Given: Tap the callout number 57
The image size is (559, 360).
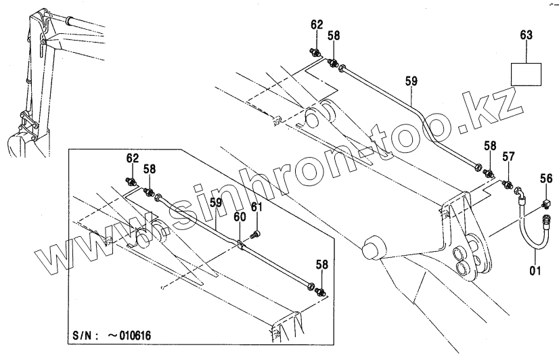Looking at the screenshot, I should tap(508, 157).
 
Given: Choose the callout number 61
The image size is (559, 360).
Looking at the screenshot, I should tap(256, 206).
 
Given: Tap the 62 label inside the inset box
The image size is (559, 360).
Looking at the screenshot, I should tap(132, 158).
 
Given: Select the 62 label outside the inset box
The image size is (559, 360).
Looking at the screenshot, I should tap(317, 25).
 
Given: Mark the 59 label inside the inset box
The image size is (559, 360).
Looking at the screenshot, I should tap(215, 202).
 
